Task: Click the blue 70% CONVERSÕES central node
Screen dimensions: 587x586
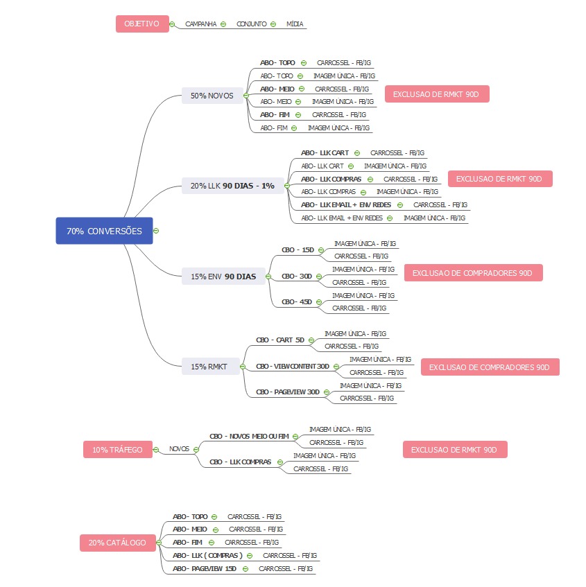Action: [104, 231]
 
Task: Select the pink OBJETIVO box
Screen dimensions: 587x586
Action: [141, 24]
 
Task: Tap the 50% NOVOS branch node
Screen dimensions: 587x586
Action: [212, 95]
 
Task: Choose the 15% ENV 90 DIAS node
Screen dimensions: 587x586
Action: [223, 277]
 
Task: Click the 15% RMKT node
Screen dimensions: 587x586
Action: [209, 365]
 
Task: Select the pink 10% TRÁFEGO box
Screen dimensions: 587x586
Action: [117, 449]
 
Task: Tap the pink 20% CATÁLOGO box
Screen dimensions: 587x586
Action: [117, 542]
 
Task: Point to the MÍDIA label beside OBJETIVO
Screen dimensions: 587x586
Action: [295, 24]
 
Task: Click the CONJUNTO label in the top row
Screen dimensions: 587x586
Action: [251, 24]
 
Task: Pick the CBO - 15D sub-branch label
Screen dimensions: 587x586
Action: [298, 249]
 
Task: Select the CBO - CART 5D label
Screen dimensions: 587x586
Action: [280, 340]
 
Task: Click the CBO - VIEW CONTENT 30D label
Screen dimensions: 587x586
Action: [292, 366]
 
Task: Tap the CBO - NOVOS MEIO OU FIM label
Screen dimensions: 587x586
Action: [249, 436]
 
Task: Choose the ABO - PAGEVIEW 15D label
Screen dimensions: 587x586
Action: [205, 568]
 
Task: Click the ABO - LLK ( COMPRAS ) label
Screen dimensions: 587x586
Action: [207, 555]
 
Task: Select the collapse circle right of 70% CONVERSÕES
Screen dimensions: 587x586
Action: [157, 231]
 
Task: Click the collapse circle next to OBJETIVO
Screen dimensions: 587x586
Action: [172, 24]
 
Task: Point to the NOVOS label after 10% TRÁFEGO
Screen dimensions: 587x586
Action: [179, 448]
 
